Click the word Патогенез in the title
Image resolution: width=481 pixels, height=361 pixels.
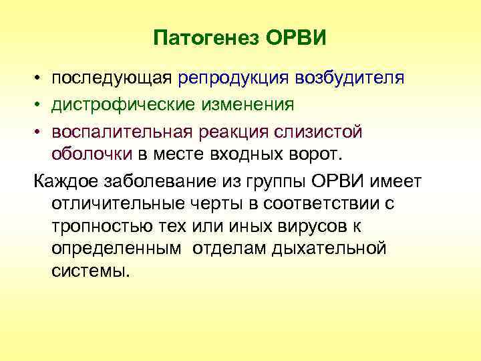(206, 38)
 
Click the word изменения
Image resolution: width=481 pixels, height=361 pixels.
(245, 105)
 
